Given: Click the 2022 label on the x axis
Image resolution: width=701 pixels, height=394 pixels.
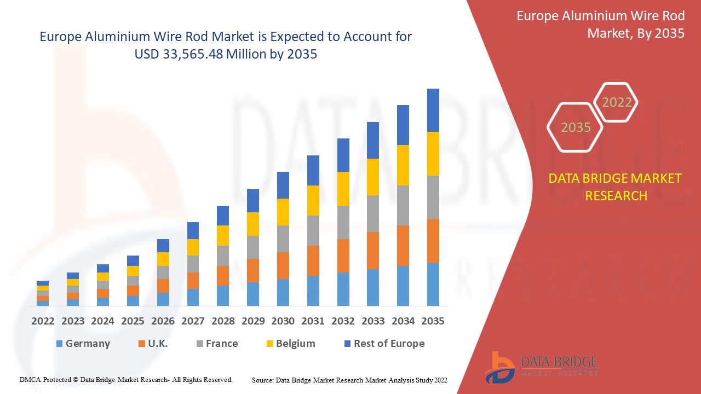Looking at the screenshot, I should tap(43, 321).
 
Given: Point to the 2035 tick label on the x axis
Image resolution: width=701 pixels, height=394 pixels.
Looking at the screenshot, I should tap(433, 321).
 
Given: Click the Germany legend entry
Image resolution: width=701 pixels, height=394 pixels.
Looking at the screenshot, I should tap(83, 344).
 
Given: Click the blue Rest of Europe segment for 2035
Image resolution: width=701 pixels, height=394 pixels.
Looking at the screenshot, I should tap(433, 110).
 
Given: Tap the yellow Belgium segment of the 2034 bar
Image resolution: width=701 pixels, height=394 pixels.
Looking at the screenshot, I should tap(403, 165).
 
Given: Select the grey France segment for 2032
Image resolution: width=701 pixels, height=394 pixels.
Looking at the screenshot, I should tap(343, 222).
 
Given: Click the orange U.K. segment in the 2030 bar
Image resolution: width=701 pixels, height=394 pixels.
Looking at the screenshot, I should tap(283, 265).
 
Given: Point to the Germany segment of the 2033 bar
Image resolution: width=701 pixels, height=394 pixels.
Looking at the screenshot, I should tap(373, 287).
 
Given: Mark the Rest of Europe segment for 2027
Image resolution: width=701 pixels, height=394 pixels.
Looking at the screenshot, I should tap(193, 230).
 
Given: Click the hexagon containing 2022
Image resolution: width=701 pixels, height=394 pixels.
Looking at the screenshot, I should tap(617, 102).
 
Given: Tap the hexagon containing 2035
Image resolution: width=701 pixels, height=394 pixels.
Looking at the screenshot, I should tap(576, 127).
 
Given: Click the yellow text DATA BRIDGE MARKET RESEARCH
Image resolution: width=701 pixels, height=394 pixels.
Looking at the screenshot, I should tap(616, 187).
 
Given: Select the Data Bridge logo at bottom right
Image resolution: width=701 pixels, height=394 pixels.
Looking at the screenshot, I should tap(540, 367).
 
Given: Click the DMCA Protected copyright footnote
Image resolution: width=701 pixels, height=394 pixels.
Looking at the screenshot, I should tap(126, 379).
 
